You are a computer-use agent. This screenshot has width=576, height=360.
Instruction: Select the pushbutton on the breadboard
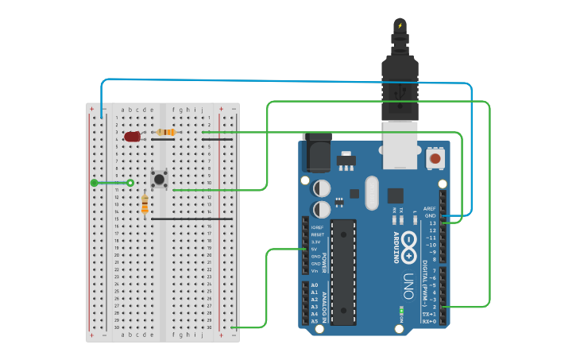[160, 179]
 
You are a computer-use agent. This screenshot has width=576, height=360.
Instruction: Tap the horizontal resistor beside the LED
[166, 132]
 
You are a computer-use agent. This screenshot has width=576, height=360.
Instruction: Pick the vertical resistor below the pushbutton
[144, 204]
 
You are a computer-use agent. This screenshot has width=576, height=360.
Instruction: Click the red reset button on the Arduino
[435, 159]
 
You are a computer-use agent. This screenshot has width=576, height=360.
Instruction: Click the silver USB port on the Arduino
[400, 144]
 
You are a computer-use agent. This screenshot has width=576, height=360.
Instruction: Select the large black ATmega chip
[343, 271]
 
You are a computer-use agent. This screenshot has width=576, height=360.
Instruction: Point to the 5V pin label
[315, 250]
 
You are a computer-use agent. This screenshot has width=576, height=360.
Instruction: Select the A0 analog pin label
[314, 285]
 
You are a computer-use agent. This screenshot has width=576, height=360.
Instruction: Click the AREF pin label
[430, 208]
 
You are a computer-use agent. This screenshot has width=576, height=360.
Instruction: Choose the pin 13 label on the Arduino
[431, 223]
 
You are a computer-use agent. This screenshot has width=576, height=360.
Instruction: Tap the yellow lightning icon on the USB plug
[400, 26]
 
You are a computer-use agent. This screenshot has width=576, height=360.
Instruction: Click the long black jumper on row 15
[191, 219]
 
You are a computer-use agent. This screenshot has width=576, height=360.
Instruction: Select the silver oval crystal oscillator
[371, 192]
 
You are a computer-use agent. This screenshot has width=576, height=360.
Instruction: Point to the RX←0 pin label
[429, 321]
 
